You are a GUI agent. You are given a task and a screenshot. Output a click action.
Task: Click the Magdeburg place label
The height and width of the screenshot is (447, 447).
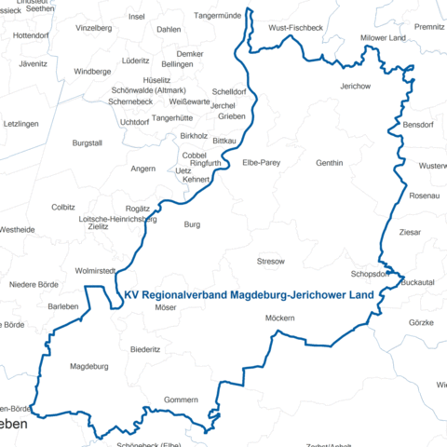(x=90, y=367)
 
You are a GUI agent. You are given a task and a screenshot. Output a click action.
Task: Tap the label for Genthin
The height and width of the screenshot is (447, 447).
(x=330, y=163)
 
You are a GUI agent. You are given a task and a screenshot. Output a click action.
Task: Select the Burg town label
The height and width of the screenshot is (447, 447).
(x=192, y=224)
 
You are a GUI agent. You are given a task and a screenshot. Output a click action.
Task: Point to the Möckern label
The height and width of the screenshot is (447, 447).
(x=279, y=319)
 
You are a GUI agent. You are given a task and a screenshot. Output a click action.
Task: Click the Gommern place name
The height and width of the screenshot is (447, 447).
(x=181, y=400)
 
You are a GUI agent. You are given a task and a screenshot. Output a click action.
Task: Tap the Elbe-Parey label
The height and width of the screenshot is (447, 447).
(x=262, y=163)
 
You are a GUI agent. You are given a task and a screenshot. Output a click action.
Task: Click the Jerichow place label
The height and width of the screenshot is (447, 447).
(x=356, y=86)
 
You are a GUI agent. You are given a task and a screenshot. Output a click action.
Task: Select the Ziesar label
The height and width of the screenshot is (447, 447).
(x=410, y=232)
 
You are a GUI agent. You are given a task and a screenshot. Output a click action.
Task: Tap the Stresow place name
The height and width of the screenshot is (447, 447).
(x=270, y=263)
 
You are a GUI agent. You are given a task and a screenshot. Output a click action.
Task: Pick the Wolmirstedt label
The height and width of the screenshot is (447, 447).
(x=94, y=271)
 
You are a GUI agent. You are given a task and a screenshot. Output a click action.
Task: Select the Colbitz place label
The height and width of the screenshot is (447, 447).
(x=63, y=207)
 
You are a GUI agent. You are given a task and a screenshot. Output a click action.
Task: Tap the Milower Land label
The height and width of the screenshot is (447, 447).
(x=383, y=38)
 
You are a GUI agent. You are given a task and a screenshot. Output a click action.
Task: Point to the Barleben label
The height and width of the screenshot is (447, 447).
(x=63, y=306)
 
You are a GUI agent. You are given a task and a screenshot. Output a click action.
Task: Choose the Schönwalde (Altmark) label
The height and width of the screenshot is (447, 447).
(x=147, y=90)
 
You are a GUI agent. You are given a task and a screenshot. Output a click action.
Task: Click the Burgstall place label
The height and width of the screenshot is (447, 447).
(x=87, y=142)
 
